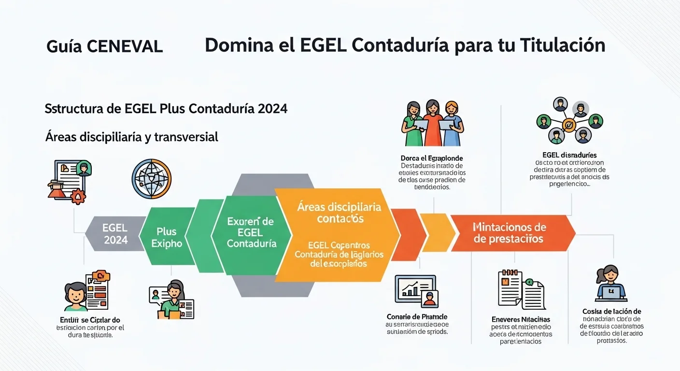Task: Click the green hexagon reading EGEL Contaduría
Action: point(251,232)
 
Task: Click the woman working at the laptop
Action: point(611,284)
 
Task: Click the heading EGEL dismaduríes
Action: point(569,155)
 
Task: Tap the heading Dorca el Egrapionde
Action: point(432,158)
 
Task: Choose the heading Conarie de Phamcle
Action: point(417,316)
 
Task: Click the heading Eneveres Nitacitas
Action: point(521,319)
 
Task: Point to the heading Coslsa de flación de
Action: point(611,312)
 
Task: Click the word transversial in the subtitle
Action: point(186,137)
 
